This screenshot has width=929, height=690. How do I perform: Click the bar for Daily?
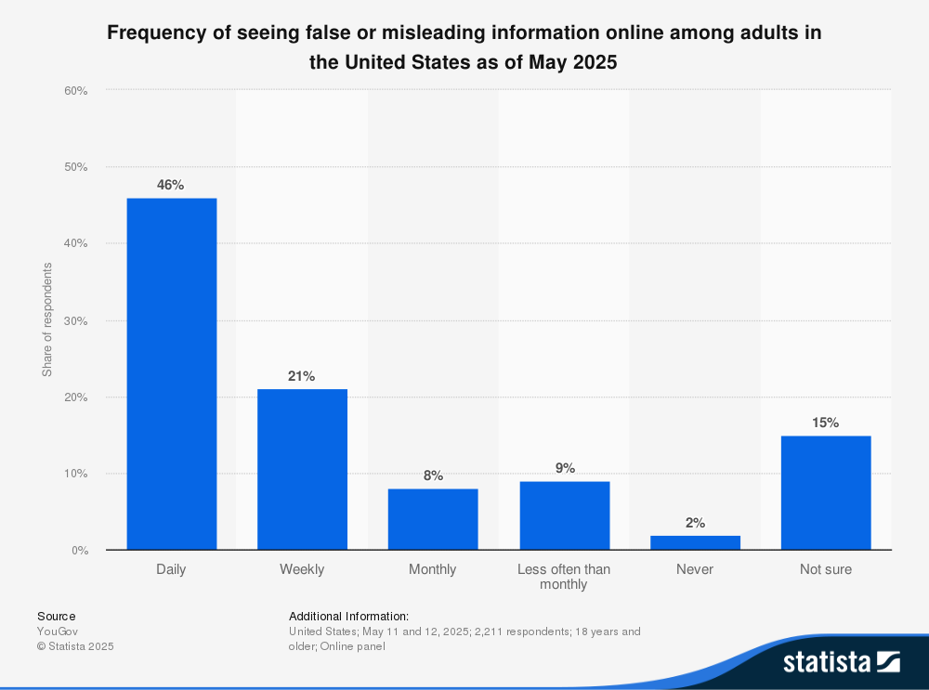click(x=172, y=373)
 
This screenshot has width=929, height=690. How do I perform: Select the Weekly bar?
click(x=302, y=469)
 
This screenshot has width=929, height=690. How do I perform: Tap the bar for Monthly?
click(x=433, y=519)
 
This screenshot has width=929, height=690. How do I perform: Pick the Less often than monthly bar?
click(x=564, y=515)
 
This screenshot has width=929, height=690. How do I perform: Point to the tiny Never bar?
click(x=695, y=542)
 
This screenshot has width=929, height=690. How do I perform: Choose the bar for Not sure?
click(x=826, y=492)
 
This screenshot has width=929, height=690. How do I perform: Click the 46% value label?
click(x=171, y=185)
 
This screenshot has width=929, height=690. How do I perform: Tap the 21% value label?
click(x=302, y=376)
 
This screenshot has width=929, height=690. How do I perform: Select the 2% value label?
click(x=695, y=523)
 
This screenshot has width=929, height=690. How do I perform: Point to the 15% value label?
click(x=825, y=423)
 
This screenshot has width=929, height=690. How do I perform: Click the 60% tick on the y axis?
click(x=75, y=91)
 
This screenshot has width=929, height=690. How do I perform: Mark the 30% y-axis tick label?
click(x=75, y=320)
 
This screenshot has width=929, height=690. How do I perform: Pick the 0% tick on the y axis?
click(x=79, y=551)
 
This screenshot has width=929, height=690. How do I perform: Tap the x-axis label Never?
click(x=695, y=569)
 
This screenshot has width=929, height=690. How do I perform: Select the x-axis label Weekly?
click(x=302, y=569)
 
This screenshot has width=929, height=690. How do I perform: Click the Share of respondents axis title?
click(x=47, y=319)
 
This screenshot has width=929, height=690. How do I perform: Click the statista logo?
click(x=841, y=662)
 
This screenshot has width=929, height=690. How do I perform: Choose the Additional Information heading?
click(x=348, y=616)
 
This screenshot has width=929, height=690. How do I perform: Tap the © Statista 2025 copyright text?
click(x=75, y=646)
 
